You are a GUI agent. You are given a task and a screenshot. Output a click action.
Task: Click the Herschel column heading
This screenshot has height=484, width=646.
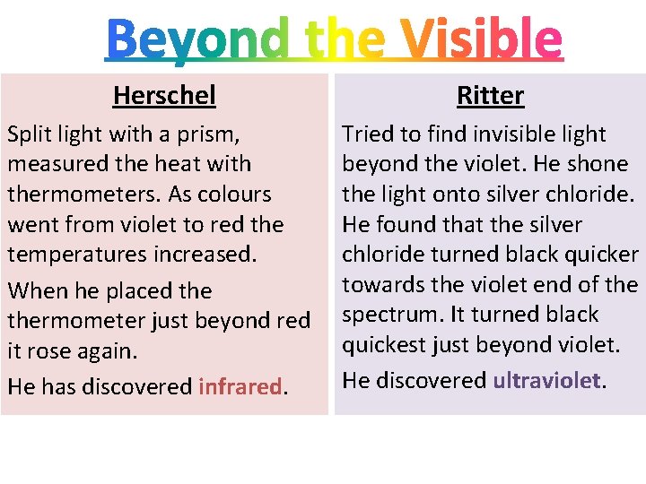[x=164, y=95]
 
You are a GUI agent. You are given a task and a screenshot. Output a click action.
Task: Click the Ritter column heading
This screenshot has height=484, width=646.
[x=490, y=95]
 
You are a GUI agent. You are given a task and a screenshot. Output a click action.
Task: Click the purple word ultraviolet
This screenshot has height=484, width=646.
[x=546, y=381]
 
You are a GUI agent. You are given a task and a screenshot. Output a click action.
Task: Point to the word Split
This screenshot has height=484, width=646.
[x=29, y=134]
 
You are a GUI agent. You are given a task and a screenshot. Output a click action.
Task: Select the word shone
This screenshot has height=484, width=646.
[x=598, y=164]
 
